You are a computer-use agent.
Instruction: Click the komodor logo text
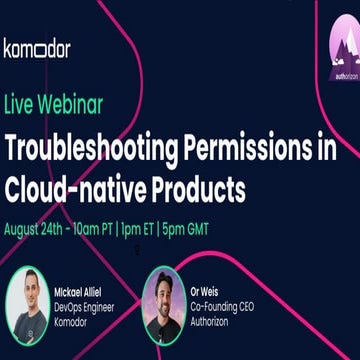[x=37, y=48]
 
